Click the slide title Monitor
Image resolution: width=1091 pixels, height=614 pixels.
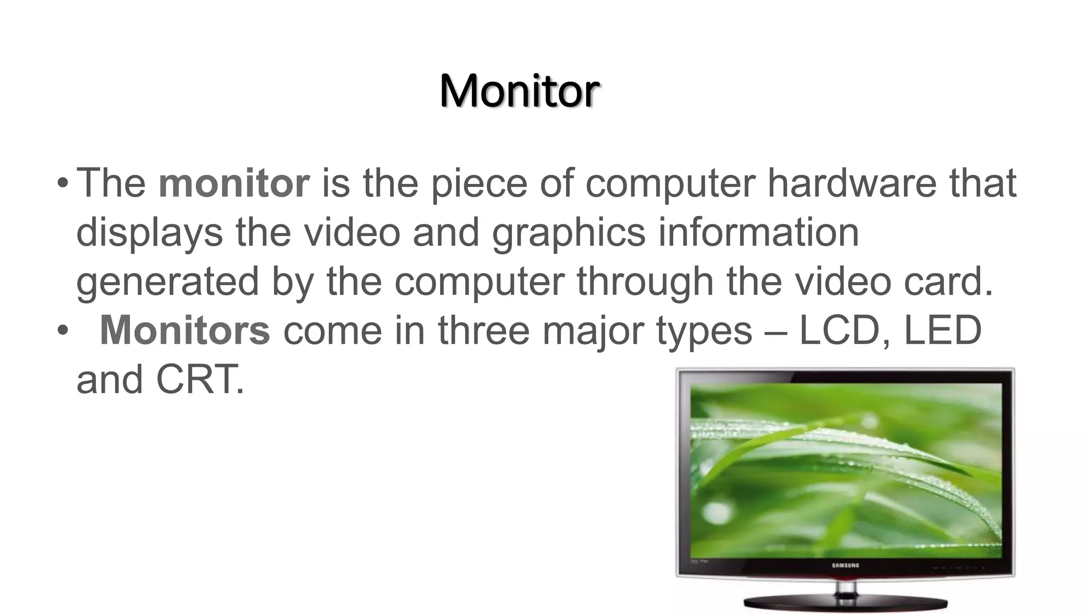[x=519, y=91]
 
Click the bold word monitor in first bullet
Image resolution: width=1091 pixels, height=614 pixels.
[x=234, y=183]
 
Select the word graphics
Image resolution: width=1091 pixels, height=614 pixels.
[x=568, y=233]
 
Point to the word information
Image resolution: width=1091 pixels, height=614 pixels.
[x=759, y=232]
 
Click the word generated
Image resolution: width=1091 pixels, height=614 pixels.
[x=167, y=282]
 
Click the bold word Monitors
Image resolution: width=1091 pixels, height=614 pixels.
[x=185, y=330]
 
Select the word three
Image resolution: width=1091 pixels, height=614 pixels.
[x=484, y=330]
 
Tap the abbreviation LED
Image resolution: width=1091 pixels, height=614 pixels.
[x=942, y=330]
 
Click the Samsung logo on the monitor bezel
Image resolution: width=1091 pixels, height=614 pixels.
[x=845, y=565]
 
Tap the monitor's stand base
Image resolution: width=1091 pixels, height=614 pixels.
[x=845, y=604]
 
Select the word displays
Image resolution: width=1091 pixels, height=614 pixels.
[x=150, y=233]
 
